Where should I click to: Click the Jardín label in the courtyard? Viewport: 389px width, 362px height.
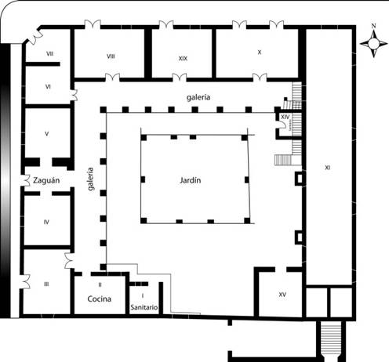tap(191, 180)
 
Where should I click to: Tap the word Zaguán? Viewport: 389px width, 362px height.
tap(46, 180)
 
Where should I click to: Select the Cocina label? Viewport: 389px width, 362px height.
tap(100, 299)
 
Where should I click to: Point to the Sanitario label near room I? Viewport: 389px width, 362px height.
tap(144, 307)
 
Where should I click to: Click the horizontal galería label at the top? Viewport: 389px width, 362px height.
tap(198, 97)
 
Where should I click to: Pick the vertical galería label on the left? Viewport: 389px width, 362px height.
tap(90, 179)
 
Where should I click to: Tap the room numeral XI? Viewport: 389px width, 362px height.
tap(327, 168)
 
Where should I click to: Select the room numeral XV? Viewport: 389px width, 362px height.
tap(282, 295)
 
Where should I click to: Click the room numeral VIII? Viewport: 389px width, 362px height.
tap(111, 56)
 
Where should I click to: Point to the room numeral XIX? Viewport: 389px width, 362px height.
tap(183, 59)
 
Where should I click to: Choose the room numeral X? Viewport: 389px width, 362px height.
tap(260, 52)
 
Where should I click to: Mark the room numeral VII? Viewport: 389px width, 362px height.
tap(49, 53)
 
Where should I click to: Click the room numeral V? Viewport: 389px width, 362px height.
tap(47, 134)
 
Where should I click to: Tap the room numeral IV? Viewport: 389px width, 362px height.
tap(46, 223)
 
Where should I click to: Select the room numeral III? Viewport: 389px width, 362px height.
tap(46, 284)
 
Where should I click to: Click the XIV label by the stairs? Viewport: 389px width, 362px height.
tap(285, 117)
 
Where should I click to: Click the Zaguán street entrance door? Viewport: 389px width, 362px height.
tap(24, 180)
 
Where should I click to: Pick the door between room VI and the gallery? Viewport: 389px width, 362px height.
tap(75, 95)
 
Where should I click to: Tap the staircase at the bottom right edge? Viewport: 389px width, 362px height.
tap(331, 338)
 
